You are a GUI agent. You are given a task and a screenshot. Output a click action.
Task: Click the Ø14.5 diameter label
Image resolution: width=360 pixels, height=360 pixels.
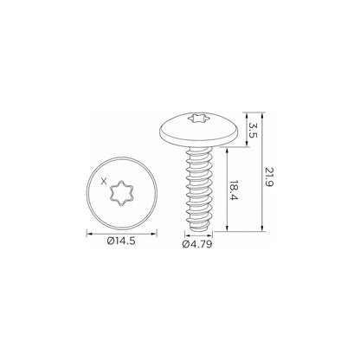click(121, 241)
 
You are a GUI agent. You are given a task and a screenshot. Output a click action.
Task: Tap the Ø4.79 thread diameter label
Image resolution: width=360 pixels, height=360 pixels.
click(197, 244)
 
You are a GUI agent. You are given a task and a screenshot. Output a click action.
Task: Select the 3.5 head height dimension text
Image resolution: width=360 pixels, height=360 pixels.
click(253, 131)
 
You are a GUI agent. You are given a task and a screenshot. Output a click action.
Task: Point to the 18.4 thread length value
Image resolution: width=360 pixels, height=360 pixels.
click(234, 190)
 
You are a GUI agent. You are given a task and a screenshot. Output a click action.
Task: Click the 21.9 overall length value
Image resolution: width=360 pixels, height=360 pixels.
click(268, 177)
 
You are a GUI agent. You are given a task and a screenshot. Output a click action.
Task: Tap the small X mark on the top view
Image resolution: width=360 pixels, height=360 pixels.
click(104, 181)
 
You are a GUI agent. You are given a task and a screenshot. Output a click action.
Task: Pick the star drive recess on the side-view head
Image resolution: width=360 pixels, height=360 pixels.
click(198, 118)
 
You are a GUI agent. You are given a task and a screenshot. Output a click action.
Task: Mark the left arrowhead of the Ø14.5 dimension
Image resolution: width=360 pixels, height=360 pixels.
click(89, 234)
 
